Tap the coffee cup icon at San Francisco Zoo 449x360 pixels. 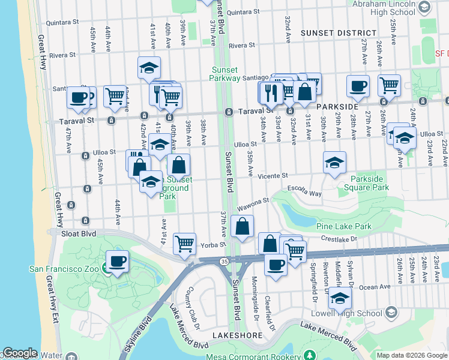pyautogui.click(x=117, y=262)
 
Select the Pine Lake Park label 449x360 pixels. pyautogui.click(x=343, y=226)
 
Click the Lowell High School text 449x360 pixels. pyautogui.click(x=346, y=313)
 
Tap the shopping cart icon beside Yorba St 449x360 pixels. pyautogui.click(x=184, y=244)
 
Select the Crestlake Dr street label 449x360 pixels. pyautogui.click(x=338, y=238)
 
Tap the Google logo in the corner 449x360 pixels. pyautogui.click(x=20, y=353)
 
